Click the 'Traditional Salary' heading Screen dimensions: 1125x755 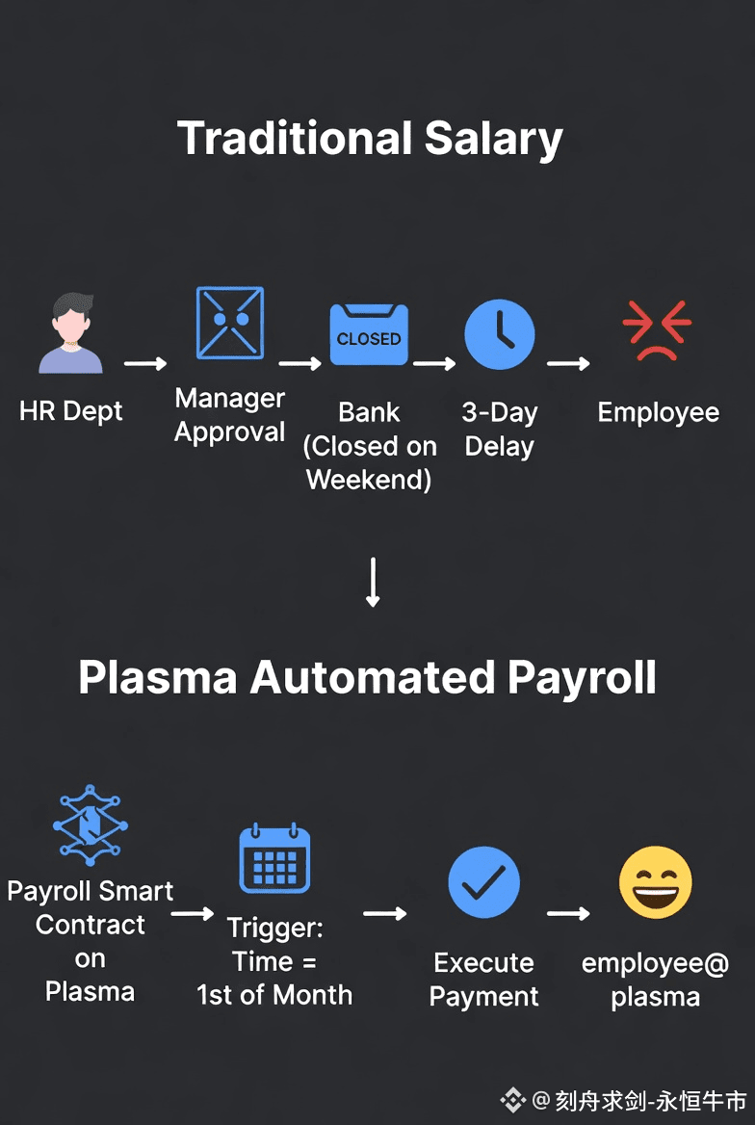tap(370, 139)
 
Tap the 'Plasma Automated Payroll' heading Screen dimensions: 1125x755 tap(367, 677)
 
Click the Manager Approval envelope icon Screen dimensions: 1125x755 tap(229, 323)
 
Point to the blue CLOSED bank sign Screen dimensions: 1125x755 tap(369, 335)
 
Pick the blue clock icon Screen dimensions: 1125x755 tap(499, 333)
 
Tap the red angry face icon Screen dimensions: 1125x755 tap(657, 330)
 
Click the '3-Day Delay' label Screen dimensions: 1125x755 tap(499, 430)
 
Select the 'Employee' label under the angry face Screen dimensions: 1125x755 tap(658, 412)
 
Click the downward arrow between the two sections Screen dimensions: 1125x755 tap(374, 582)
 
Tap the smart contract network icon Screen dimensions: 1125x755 tap(90, 825)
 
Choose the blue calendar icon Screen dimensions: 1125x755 tap(274, 858)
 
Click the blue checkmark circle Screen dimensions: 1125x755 tap(483, 882)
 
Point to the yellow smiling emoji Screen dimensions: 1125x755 tap(655, 882)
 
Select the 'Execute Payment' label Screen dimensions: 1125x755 tap(483, 979)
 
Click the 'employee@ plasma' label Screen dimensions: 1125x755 tap(655, 980)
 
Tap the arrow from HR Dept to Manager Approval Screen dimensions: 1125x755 tap(145, 363)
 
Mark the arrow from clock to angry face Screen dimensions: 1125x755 tap(568, 363)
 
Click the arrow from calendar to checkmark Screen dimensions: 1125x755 tap(384, 913)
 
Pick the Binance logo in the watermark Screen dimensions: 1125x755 tap(512, 1099)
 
